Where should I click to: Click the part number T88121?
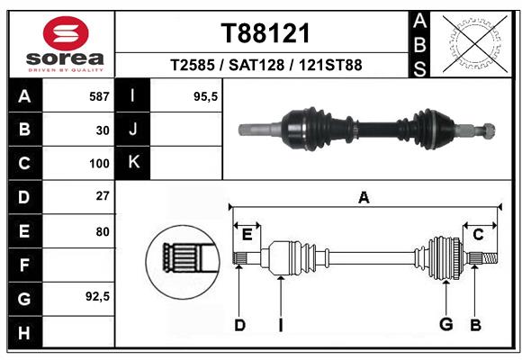[x=265, y=34]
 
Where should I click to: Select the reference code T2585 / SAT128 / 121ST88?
[x=265, y=66]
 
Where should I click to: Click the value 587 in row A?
[x=98, y=96]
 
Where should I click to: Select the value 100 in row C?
[x=98, y=164]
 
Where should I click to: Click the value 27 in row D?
[x=103, y=196]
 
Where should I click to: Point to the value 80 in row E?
[x=103, y=231]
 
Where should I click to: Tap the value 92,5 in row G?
[x=96, y=296]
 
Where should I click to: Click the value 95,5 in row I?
[x=207, y=96]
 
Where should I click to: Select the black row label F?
[x=24, y=265]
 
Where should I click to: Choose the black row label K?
[x=133, y=163]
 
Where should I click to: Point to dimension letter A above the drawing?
[x=364, y=197]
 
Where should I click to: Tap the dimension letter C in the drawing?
[x=478, y=234]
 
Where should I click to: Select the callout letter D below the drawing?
[x=239, y=325]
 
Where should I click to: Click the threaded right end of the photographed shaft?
[x=487, y=128]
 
